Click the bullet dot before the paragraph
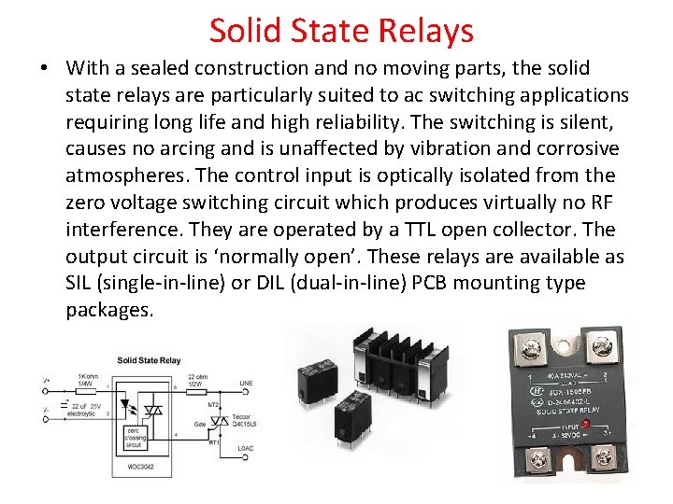46,70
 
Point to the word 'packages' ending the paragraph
107,311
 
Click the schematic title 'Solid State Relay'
150,360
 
